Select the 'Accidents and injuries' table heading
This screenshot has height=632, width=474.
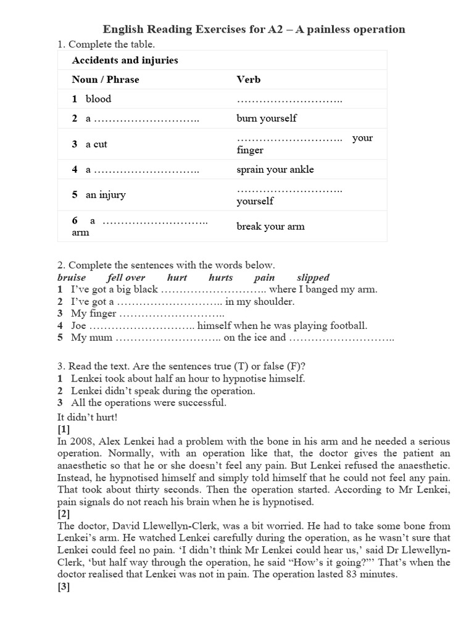pos(125,60)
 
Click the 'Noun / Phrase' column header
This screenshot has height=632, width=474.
pos(106,80)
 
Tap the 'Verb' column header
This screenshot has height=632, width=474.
pos(249,80)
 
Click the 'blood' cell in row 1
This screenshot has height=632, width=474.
pos(98,99)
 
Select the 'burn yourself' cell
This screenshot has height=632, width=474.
pos(266,118)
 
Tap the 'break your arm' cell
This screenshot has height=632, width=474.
pos(270,227)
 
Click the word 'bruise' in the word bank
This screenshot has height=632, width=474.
pos(71,278)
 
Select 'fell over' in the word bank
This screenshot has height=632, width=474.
pos(126,278)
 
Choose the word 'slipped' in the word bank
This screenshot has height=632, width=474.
pos(313,278)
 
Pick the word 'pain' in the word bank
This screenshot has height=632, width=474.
pos(264,278)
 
